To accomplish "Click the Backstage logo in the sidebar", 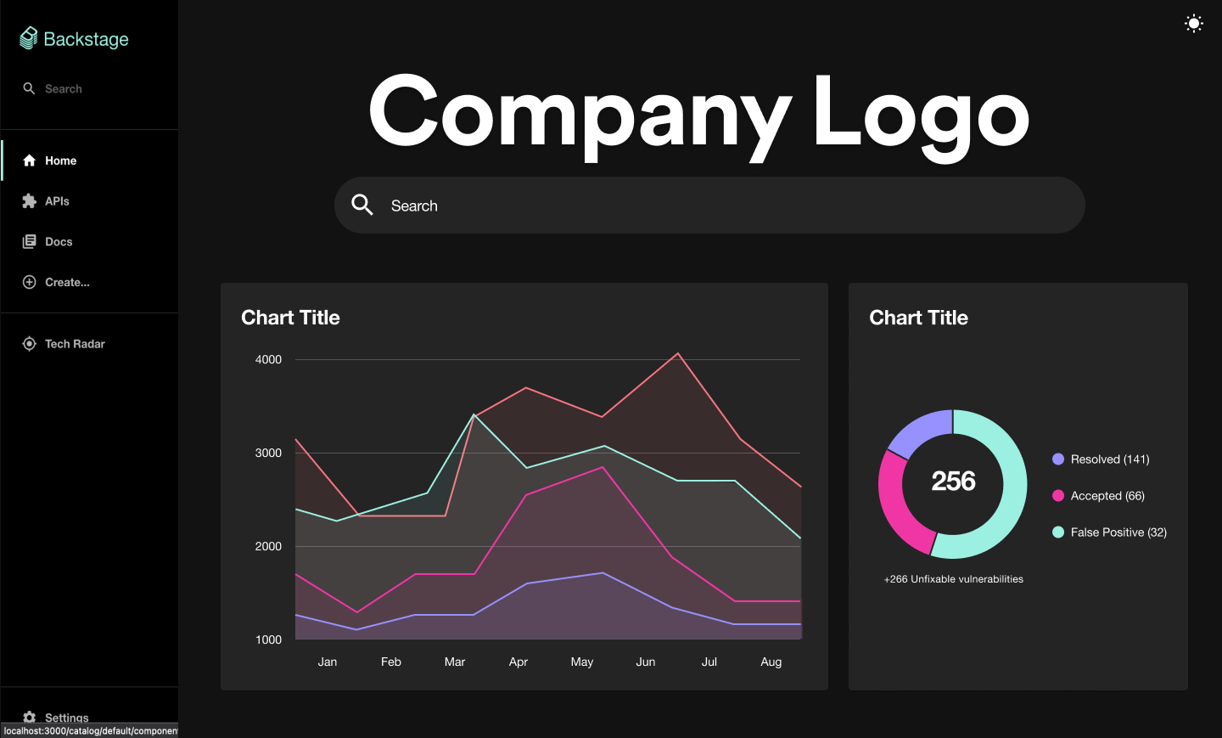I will point(74,39).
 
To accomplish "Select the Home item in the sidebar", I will point(60,161).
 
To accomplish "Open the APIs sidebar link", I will point(57,201).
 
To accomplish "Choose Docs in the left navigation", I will point(58,242).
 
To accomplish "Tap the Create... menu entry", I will point(66,283).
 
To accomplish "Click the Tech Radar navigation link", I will point(75,344).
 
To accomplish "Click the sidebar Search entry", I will point(63,89).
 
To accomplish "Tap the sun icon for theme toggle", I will point(1193,24).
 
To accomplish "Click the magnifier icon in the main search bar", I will point(362,205).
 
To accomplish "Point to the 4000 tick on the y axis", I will point(268,360).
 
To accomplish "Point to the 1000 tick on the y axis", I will point(268,640).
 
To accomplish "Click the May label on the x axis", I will point(582,662).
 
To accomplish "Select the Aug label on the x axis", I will point(771,662).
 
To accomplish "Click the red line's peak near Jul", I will point(677,353).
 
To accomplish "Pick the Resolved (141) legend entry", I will point(1109,459).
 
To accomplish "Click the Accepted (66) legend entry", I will point(1107,496).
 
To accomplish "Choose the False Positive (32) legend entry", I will point(1118,532).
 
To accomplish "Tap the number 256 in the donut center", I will point(953,482).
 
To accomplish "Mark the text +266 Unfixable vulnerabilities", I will point(953,579).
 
